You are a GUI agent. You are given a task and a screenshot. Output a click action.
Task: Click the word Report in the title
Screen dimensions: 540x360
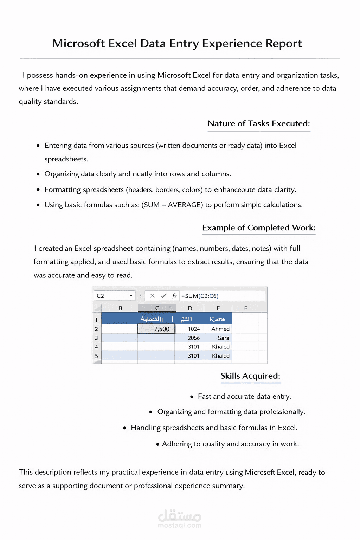(283, 44)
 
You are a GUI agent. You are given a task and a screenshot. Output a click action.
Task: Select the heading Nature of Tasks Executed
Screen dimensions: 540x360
(259, 124)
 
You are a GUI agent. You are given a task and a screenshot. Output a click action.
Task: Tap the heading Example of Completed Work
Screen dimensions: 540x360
(259, 228)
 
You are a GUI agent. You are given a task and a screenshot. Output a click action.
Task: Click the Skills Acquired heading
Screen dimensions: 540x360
(250, 376)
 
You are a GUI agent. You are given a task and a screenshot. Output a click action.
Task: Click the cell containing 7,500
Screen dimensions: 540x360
(156, 329)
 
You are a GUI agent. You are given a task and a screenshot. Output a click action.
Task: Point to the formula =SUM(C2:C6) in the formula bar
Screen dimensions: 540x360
(200, 296)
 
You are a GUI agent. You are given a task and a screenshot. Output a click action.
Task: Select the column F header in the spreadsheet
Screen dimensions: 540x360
(245, 308)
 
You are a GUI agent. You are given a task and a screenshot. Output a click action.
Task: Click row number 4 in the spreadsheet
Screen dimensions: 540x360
(96, 347)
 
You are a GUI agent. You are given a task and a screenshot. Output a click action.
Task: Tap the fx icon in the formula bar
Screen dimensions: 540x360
(174, 296)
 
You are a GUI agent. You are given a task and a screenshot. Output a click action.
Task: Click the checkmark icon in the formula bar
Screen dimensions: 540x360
(163, 296)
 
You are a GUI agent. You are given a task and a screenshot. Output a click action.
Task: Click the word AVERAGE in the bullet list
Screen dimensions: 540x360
(185, 205)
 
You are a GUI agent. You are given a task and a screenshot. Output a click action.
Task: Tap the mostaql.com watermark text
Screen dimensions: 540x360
(180, 526)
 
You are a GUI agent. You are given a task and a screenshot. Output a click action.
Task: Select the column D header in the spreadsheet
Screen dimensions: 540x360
(190, 308)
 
